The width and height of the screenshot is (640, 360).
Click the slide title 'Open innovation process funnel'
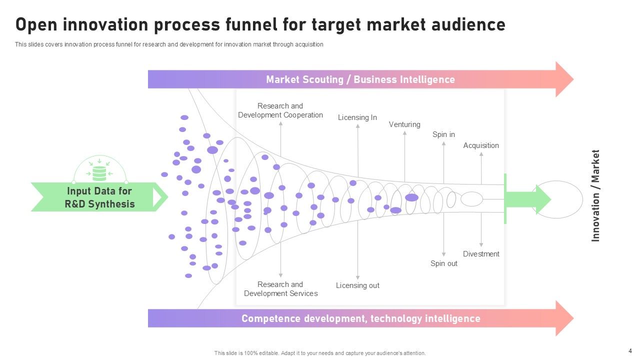tap(260, 24)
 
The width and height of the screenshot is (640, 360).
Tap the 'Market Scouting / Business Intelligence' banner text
tap(360, 79)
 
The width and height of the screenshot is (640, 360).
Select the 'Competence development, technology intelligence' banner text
tap(360, 318)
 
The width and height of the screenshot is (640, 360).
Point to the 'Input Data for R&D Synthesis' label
tap(99, 197)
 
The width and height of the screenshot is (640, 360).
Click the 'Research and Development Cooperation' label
tap(280, 110)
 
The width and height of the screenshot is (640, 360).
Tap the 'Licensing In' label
tap(357, 117)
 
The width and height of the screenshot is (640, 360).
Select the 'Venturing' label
tap(404, 124)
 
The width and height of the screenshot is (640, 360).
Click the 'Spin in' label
tap(443, 134)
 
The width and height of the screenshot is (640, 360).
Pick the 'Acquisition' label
tap(481, 145)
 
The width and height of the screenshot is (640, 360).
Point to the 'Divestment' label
tap(481, 254)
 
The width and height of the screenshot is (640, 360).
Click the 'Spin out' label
tap(443, 263)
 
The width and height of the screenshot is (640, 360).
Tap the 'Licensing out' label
tap(357, 285)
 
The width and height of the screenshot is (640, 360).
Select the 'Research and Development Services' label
tap(280, 289)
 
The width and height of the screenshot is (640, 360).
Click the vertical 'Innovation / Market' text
tap(595, 195)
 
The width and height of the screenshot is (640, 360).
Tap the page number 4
tap(630, 350)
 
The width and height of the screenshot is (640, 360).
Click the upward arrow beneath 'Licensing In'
tap(358, 150)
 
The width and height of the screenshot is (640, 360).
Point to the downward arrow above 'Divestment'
tap(481, 230)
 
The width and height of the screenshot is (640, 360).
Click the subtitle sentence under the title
tap(169, 44)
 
